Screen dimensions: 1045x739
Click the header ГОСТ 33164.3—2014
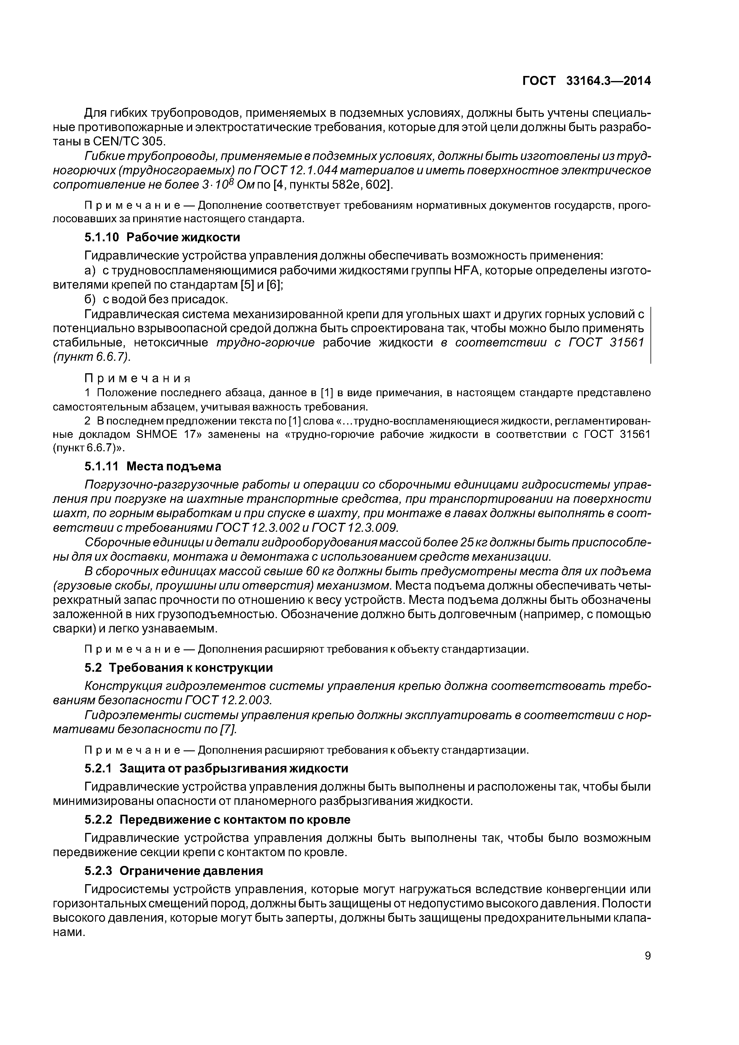click(586, 81)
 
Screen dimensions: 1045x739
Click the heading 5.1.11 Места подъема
click(153, 466)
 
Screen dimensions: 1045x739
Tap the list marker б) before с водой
click(90, 299)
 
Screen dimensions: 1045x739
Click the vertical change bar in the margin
click(651, 335)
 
